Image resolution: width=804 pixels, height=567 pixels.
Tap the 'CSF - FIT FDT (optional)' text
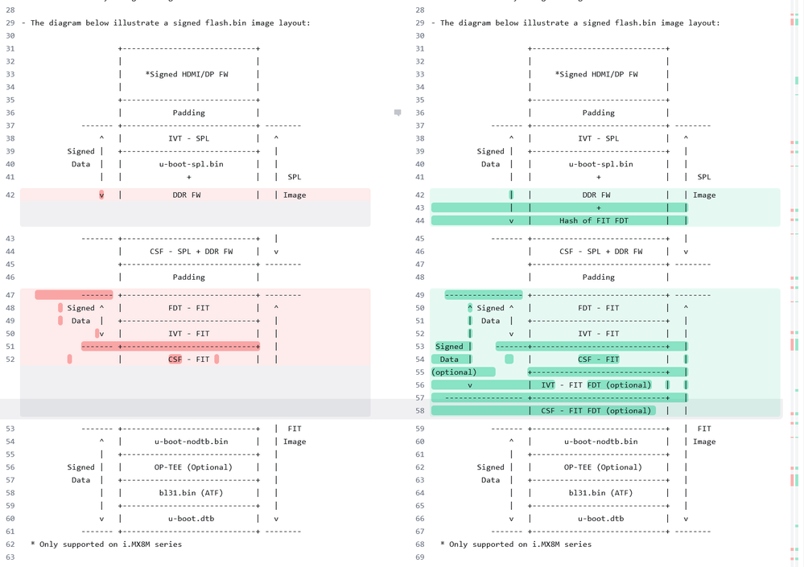pos(596,411)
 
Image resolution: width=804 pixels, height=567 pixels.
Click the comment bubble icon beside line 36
pos(398,113)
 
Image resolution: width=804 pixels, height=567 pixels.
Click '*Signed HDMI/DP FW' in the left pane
pos(187,75)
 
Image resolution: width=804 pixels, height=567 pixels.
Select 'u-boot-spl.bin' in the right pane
pos(599,164)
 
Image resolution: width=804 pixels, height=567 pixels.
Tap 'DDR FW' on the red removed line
pos(187,195)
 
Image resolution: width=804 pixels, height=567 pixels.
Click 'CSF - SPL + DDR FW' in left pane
pos(191,252)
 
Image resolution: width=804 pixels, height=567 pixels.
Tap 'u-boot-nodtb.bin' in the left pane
pos(191,442)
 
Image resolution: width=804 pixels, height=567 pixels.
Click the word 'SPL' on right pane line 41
pos(704,177)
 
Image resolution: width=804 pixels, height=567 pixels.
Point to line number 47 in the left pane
pos(10,295)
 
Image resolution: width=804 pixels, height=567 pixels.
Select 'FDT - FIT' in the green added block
pos(599,308)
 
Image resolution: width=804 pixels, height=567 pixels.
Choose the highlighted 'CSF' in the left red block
pos(175,360)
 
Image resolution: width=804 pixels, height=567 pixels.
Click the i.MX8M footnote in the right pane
pos(516,544)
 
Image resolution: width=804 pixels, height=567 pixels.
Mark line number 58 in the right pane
pos(419,411)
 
